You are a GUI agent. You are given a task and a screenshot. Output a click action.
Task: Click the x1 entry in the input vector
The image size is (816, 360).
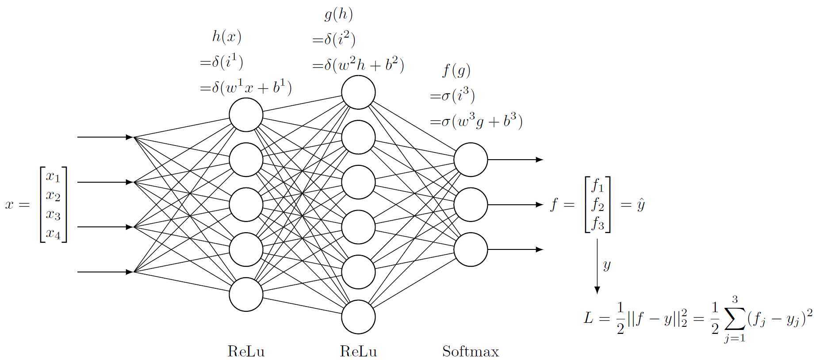pyautogui.click(x=53, y=176)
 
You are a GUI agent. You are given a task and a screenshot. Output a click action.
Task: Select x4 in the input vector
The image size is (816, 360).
pyautogui.click(x=53, y=233)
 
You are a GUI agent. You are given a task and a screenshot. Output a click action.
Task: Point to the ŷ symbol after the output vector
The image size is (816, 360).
pyautogui.click(x=640, y=205)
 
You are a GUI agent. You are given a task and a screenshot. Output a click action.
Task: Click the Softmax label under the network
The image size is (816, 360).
pyautogui.click(x=470, y=352)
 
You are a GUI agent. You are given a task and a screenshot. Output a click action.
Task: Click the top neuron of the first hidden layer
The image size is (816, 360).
pyautogui.click(x=246, y=115)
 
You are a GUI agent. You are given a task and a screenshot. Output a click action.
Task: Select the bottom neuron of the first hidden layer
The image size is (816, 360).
pyautogui.click(x=246, y=295)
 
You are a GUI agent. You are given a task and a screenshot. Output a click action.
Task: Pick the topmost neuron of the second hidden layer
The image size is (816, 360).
pyautogui.click(x=358, y=92)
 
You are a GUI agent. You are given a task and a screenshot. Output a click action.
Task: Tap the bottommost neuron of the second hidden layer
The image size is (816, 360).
pyautogui.click(x=358, y=317)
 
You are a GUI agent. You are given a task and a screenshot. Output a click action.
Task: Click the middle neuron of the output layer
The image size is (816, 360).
pyautogui.click(x=471, y=205)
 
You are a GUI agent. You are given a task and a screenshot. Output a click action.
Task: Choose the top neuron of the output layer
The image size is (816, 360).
pyautogui.click(x=471, y=160)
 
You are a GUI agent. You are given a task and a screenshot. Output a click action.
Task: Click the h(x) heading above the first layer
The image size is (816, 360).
pyautogui.click(x=226, y=37)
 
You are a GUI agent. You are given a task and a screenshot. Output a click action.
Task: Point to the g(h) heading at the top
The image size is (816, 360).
pyautogui.click(x=338, y=15)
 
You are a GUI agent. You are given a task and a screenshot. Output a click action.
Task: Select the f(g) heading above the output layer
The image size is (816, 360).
pyautogui.click(x=456, y=70)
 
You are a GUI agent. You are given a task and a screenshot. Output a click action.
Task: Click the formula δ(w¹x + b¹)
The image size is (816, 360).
pyautogui.click(x=246, y=88)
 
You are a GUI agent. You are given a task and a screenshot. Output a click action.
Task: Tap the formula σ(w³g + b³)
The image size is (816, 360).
pyautogui.click(x=476, y=121)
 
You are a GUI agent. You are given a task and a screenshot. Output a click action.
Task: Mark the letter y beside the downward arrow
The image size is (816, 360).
pyautogui.click(x=607, y=265)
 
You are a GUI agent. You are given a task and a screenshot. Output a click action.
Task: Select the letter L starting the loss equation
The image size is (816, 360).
pyautogui.click(x=588, y=318)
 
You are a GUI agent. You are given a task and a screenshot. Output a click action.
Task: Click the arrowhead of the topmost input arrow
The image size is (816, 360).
pyautogui.click(x=130, y=137)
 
